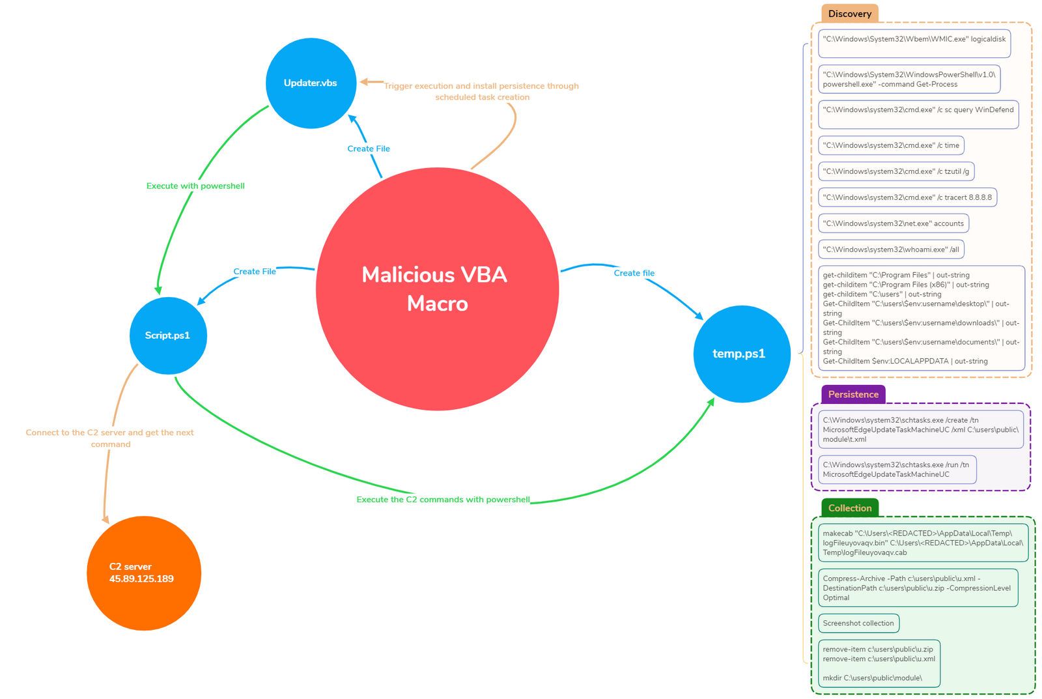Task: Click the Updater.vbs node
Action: coord(311,83)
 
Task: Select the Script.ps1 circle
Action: coord(168,335)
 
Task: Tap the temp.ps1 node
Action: coord(741,354)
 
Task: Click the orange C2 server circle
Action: coord(143,573)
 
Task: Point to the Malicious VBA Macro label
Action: coord(436,289)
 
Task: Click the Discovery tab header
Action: coord(849,14)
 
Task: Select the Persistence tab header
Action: coord(852,394)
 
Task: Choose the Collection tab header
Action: coord(849,508)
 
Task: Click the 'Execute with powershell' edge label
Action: coord(195,186)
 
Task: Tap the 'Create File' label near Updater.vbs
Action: coord(369,149)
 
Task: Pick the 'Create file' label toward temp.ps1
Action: coord(634,273)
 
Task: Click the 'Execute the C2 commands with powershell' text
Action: coord(443,500)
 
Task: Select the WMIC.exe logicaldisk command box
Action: coord(914,43)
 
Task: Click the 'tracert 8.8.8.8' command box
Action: coord(907,197)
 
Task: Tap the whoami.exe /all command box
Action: coord(890,250)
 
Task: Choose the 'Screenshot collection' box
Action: coord(858,623)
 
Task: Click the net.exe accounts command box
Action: coord(893,223)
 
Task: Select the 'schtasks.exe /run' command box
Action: coord(896,470)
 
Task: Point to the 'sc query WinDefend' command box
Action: coord(918,114)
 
